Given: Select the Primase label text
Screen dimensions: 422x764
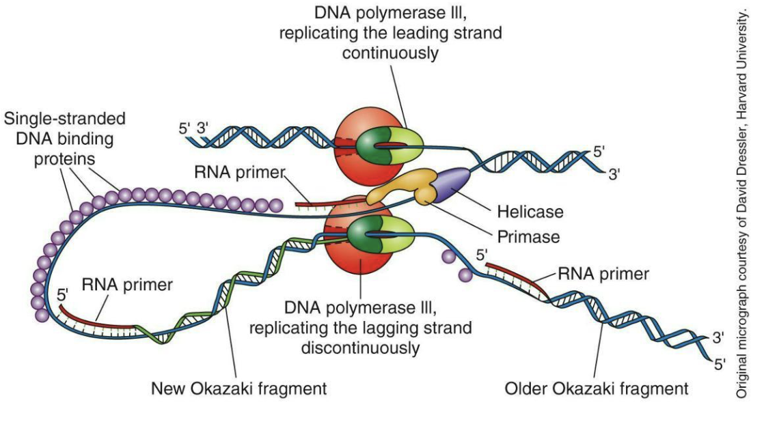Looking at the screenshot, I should point(528,237).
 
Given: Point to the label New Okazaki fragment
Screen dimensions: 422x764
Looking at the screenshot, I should point(238,389).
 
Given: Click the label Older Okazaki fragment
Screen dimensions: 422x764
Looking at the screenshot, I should point(596,389).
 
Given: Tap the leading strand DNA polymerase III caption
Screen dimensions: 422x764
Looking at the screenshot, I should point(389,32).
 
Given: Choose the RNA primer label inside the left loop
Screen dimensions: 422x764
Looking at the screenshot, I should point(127,285).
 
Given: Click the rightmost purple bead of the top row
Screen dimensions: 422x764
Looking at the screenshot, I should point(276,205).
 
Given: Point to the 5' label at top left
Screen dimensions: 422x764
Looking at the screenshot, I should point(184,128).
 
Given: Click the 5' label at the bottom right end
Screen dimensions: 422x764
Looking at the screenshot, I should point(719,363).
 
